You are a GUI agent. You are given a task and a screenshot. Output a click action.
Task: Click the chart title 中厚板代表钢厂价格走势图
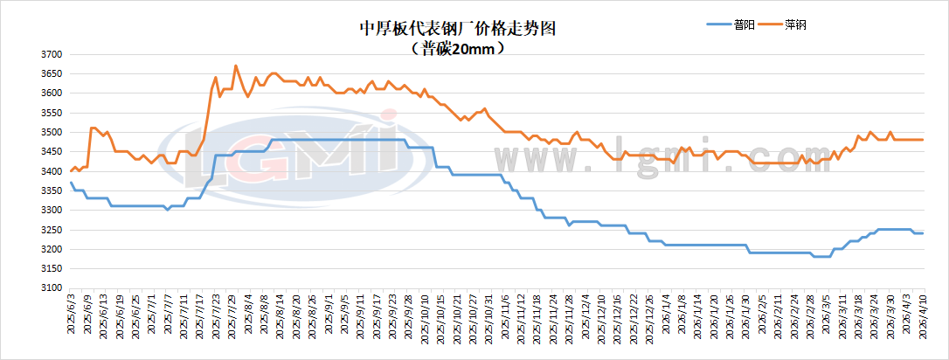click(458, 27)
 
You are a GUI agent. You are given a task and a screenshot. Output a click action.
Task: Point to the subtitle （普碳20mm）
click(458, 49)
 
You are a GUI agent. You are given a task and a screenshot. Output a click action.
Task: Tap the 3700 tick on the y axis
click(51, 54)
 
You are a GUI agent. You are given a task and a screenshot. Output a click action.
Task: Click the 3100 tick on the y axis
click(51, 288)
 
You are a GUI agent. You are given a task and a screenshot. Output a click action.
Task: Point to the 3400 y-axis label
click(51, 171)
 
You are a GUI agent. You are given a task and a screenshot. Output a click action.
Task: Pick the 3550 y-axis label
click(51, 113)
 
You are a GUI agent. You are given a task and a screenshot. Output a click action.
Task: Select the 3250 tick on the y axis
click(51, 230)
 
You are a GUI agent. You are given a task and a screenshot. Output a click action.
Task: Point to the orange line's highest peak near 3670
click(236, 66)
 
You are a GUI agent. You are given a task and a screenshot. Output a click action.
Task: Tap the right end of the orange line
click(923, 140)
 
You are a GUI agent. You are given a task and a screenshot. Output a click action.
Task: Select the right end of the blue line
click(923, 233)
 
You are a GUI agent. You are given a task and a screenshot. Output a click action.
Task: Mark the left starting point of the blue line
click(71, 183)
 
